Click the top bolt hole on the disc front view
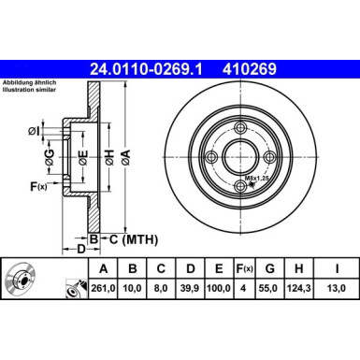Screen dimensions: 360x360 (x=240, y=128)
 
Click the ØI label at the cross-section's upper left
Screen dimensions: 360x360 (x=34, y=130)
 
